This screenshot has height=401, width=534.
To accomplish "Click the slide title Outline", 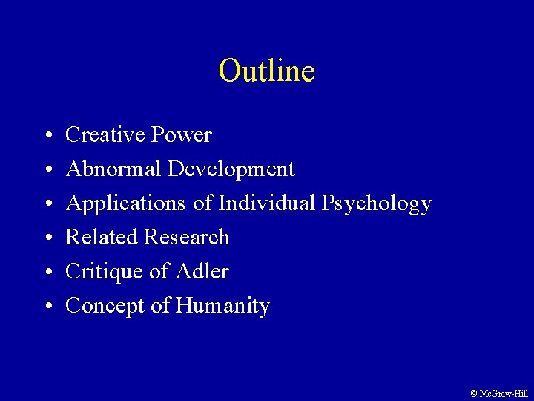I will pyautogui.click(x=267, y=71).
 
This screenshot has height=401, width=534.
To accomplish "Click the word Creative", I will pyautogui.click(x=105, y=135).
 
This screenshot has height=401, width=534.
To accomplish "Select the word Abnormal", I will pyautogui.click(x=114, y=169).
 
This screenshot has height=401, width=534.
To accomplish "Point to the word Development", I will pyautogui.click(x=231, y=169).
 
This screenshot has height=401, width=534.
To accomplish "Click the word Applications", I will pyautogui.click(x=122, y=203).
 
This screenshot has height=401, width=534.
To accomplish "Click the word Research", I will pyautogui.click(x=186, y=238).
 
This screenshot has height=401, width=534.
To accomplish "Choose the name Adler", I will pyautogui.click(x=202, y=272).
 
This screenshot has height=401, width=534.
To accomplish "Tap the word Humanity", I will pyautogui.click(x=222, y=306).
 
